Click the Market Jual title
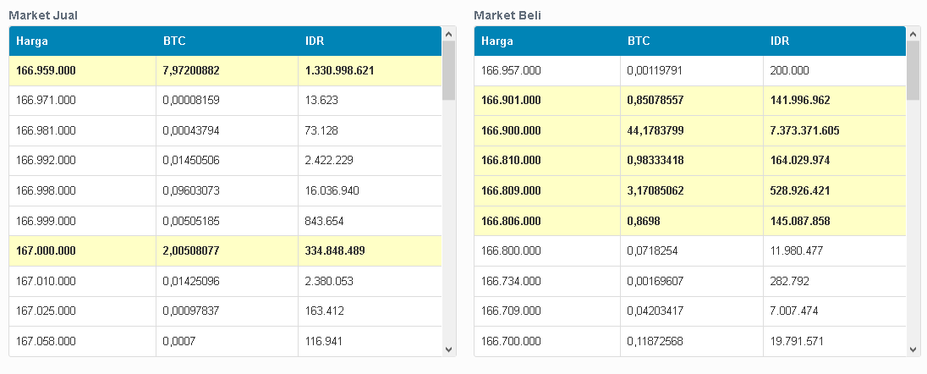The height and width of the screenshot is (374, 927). click(x=42, y=15)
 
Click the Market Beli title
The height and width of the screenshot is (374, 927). click(x=507, y=15)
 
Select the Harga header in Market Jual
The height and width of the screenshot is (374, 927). click(x=31, y=41)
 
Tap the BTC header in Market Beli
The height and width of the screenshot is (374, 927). click(x=639, y=41)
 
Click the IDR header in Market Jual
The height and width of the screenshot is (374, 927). click(x=315, y=41)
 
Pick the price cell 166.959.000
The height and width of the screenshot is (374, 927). click(x=46, y=70)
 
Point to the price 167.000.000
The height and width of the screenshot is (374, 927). click(x=46, y=250)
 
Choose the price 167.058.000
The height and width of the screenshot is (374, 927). click(x=46, y=341)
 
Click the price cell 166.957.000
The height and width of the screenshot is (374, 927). click(x=511, y=70)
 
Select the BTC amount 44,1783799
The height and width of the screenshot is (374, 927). click(x=657, y=130)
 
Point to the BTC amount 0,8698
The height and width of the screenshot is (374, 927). click(x=645, y=221)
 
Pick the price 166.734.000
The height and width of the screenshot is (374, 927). click(x=511, y=281)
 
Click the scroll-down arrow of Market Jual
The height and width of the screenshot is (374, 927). click(x=448, y=349)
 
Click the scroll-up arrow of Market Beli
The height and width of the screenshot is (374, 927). click(x=913, y=33)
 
